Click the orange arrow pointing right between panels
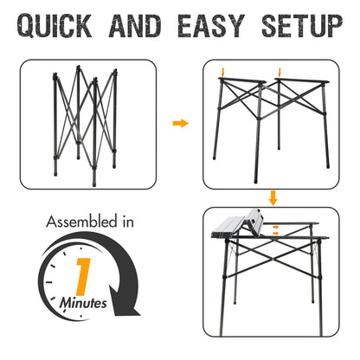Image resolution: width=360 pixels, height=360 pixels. [180, 124]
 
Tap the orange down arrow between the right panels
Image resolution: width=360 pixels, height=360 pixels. [273, 196]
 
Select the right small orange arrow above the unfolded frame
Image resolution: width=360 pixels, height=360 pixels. [279, 71]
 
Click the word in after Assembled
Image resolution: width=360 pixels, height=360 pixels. [127, 222]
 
